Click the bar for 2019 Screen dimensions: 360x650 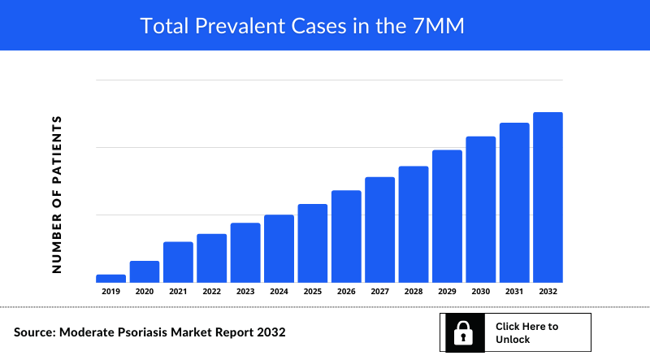[110, 278]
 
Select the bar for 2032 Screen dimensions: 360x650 [548, 197]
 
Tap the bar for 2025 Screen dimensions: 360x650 [313, 242]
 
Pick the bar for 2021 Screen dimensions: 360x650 [178, 262]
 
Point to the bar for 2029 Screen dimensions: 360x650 [447, 215]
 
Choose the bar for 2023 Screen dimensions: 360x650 [245, 252]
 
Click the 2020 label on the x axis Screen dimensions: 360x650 [145, 291]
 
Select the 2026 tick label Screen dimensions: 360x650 [346, 291]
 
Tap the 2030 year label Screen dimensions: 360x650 [481, 291]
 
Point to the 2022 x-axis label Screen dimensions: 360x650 [211, 291]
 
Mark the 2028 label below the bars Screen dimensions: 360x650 [414, 291]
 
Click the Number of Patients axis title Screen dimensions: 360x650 [57, 193]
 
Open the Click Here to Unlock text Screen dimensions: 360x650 [526, 332]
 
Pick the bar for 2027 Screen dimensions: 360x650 [380, 229]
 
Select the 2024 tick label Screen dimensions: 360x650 [279, 291]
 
